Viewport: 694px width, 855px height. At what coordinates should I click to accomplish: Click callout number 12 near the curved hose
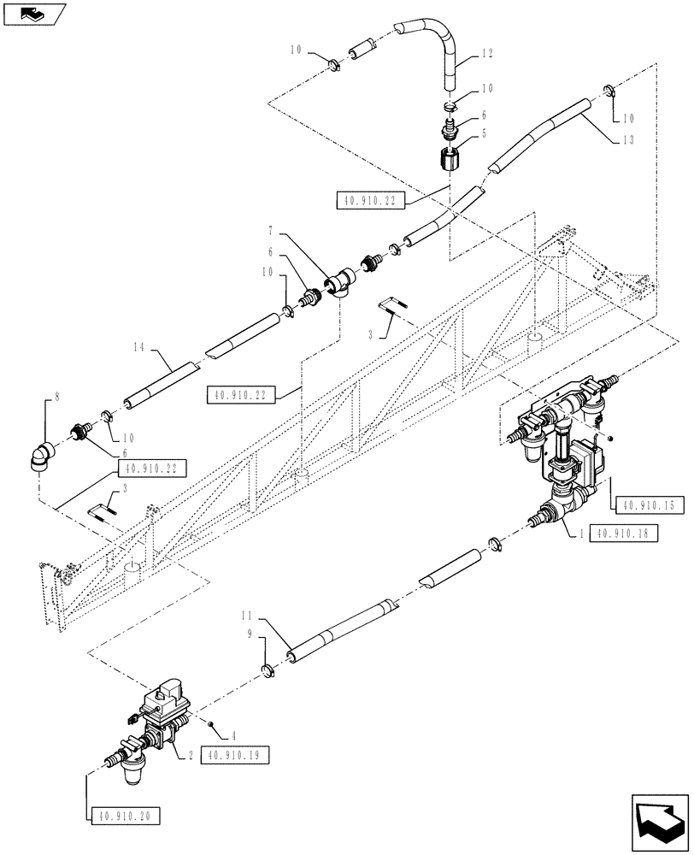click(x=487, y=52)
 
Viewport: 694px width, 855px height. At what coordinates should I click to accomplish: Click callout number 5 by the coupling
click(x=484, y=133)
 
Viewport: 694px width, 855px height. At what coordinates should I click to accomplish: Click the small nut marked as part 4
click(x=209, y=724)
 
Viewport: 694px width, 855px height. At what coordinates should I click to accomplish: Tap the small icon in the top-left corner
click(x=33, y=13)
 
